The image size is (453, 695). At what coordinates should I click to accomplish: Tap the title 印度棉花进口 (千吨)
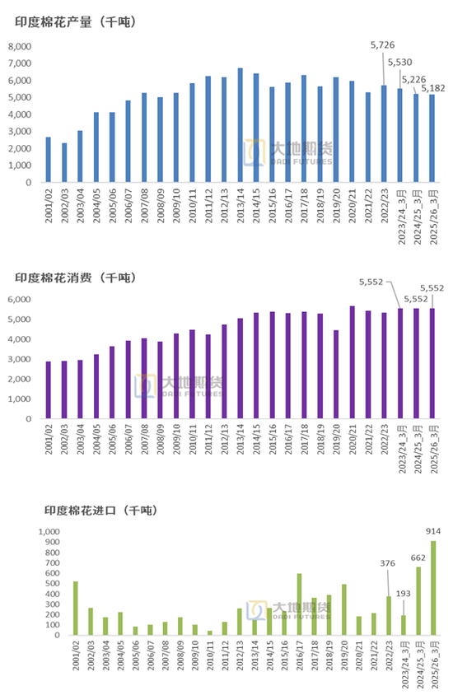point(101,511)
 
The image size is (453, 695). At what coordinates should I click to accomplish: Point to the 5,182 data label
point(434,87)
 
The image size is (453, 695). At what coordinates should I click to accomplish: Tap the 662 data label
point(418,557)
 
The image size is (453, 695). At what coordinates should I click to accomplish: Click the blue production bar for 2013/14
point(240,125)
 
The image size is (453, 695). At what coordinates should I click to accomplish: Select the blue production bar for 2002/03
point(63,162)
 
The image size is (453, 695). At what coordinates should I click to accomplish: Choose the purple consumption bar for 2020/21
point(352,362)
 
